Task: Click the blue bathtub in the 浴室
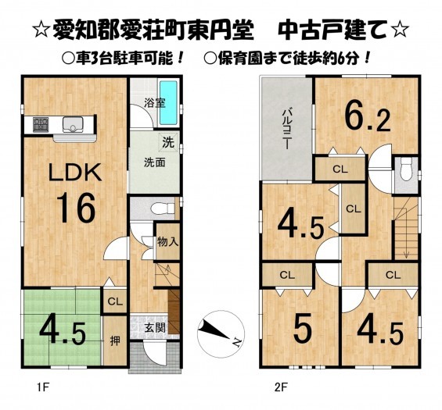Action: (168, 103)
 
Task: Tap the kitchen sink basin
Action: (73, 125)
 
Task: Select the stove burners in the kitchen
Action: (41, 125)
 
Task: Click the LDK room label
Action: (75, 172)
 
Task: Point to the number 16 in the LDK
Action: (76, 209)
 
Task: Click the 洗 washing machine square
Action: (168, 142)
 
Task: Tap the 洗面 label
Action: (154, 162)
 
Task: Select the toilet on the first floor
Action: (163, 209)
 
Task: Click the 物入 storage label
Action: (168, 241)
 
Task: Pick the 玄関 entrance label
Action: (155, 328)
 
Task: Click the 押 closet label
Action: (115, 341)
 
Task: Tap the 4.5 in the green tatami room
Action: (63, 333)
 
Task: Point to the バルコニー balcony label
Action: (286, 129)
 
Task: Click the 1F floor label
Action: (43, 388)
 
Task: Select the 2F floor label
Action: (281, 388)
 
